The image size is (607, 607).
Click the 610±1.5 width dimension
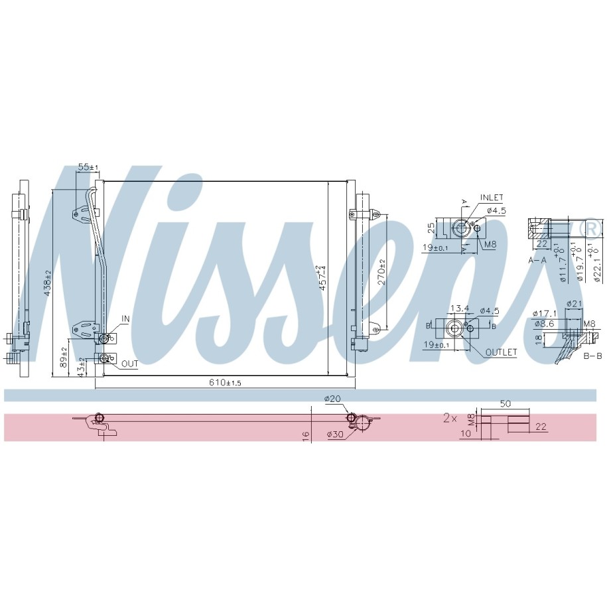(225, 383)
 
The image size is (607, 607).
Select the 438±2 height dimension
(48, 283)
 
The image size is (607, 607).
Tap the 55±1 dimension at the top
(88, 167)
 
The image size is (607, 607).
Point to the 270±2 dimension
(381, 272)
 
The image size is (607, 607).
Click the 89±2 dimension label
(64, 357)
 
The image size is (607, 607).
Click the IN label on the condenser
(125, 318)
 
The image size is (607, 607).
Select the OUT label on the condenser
(129, 364)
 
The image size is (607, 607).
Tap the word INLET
(492, 198)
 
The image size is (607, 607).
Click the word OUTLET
(501, 352)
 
